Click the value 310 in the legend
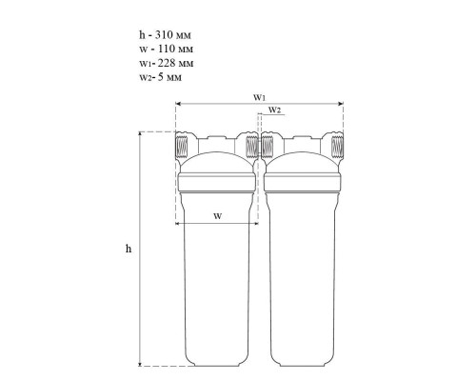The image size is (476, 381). (x=164, y=34)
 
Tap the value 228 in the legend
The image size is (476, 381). (x=167, y=63)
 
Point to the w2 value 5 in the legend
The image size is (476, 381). (x=161, y=77)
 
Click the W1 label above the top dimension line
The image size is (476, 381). (x=259, y=97)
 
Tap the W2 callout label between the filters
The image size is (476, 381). (x=275, y=110)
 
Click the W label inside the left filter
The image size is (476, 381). (x=217, y=216)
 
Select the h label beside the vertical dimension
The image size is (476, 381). (x=129, y=249)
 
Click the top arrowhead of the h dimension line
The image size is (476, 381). (x=140, y=133)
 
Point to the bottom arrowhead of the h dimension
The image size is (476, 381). (x=140, y=364)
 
